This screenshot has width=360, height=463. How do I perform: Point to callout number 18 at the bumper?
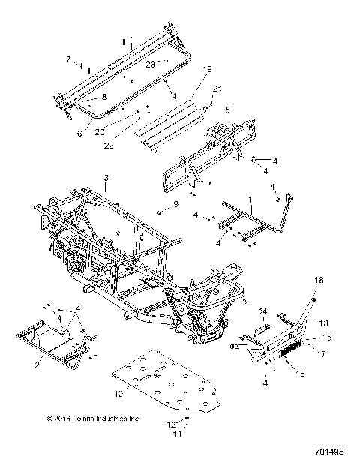coord(317,279)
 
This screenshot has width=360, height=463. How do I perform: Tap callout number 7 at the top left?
coord(67,58)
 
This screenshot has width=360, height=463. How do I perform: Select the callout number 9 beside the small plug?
coord(175,204)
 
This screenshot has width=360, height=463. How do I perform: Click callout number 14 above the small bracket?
coord(263,310)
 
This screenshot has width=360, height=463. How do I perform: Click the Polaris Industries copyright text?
coord(92,419)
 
